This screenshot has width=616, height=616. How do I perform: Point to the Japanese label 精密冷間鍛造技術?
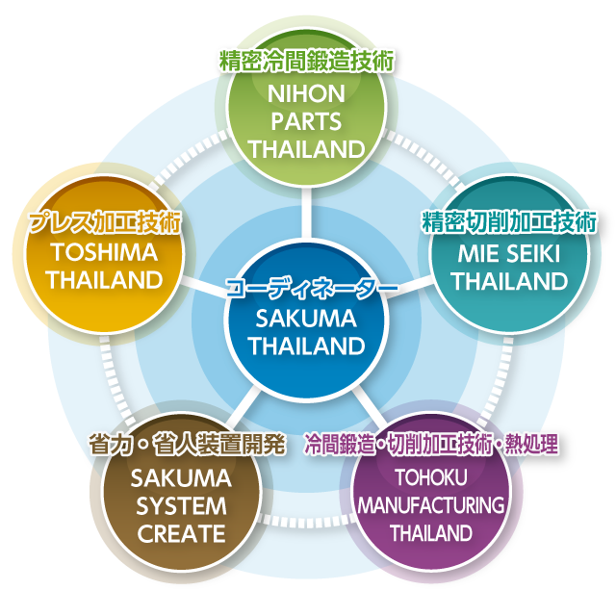coord(307,60)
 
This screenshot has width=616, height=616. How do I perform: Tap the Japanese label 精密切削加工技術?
coord(509,222)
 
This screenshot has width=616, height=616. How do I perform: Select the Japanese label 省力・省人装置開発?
coord(187,444)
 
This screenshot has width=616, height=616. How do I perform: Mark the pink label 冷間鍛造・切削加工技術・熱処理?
coord(430,445)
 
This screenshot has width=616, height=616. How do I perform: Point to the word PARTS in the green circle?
coord(307,123)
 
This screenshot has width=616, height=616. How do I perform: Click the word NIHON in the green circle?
coord(307,95)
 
